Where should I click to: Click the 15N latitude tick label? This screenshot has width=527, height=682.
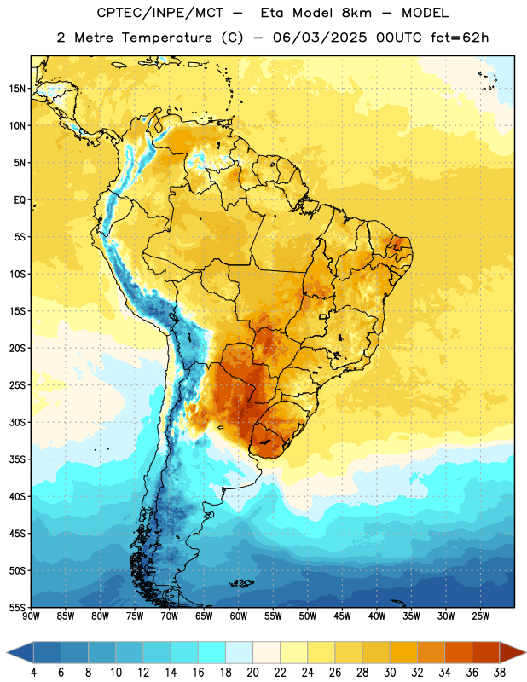click(x=17, y=89)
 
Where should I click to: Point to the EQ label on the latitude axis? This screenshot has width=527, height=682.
click(x=20, y=200)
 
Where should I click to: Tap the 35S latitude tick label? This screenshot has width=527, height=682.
click(x=17, y=459)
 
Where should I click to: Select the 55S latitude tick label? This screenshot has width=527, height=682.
click(x=17, y=607)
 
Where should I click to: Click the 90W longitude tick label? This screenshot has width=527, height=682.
click(x=31, y=616)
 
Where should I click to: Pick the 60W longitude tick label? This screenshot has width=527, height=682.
click(x=239, y=616)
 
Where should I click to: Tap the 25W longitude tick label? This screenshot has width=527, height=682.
click(x=480, y=616)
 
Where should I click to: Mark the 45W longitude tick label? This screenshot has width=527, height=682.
click(x=342, y=616)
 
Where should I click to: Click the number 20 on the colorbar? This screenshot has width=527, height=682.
click(x=252, y=673)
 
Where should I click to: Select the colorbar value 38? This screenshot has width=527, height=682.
click(x=500, y=673)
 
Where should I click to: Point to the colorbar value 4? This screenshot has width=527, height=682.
click(x=33, y=673)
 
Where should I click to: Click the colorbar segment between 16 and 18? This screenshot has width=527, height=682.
click(x=212, y=652)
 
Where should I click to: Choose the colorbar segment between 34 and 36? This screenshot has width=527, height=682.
click(x=459, y=652)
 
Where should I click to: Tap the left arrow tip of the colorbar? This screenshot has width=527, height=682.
click(x=7, y=652)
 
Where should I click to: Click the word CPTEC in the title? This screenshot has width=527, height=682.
click(x=117, y=13)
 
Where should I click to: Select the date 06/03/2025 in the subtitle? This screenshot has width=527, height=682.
click(x=321, y=38)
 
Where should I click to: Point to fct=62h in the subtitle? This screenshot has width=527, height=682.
click(x=460, y=38)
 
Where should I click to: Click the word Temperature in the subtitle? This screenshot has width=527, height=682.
click(x=166, y=38)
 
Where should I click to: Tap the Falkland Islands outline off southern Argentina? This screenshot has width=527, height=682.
click(x=242, y=583)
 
